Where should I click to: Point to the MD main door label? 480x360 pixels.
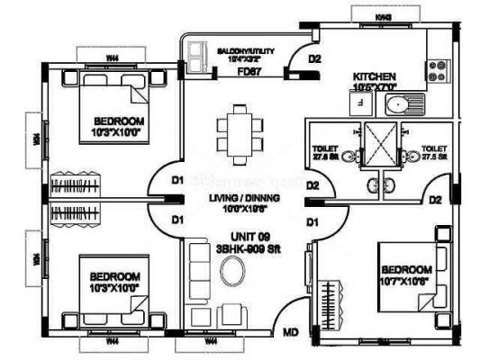click(x=291, y=334)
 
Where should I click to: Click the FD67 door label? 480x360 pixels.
click(x=249, y=69)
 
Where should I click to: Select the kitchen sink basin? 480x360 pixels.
click(x=397, y=106)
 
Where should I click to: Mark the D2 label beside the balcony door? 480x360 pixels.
click(x=315, y=60)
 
